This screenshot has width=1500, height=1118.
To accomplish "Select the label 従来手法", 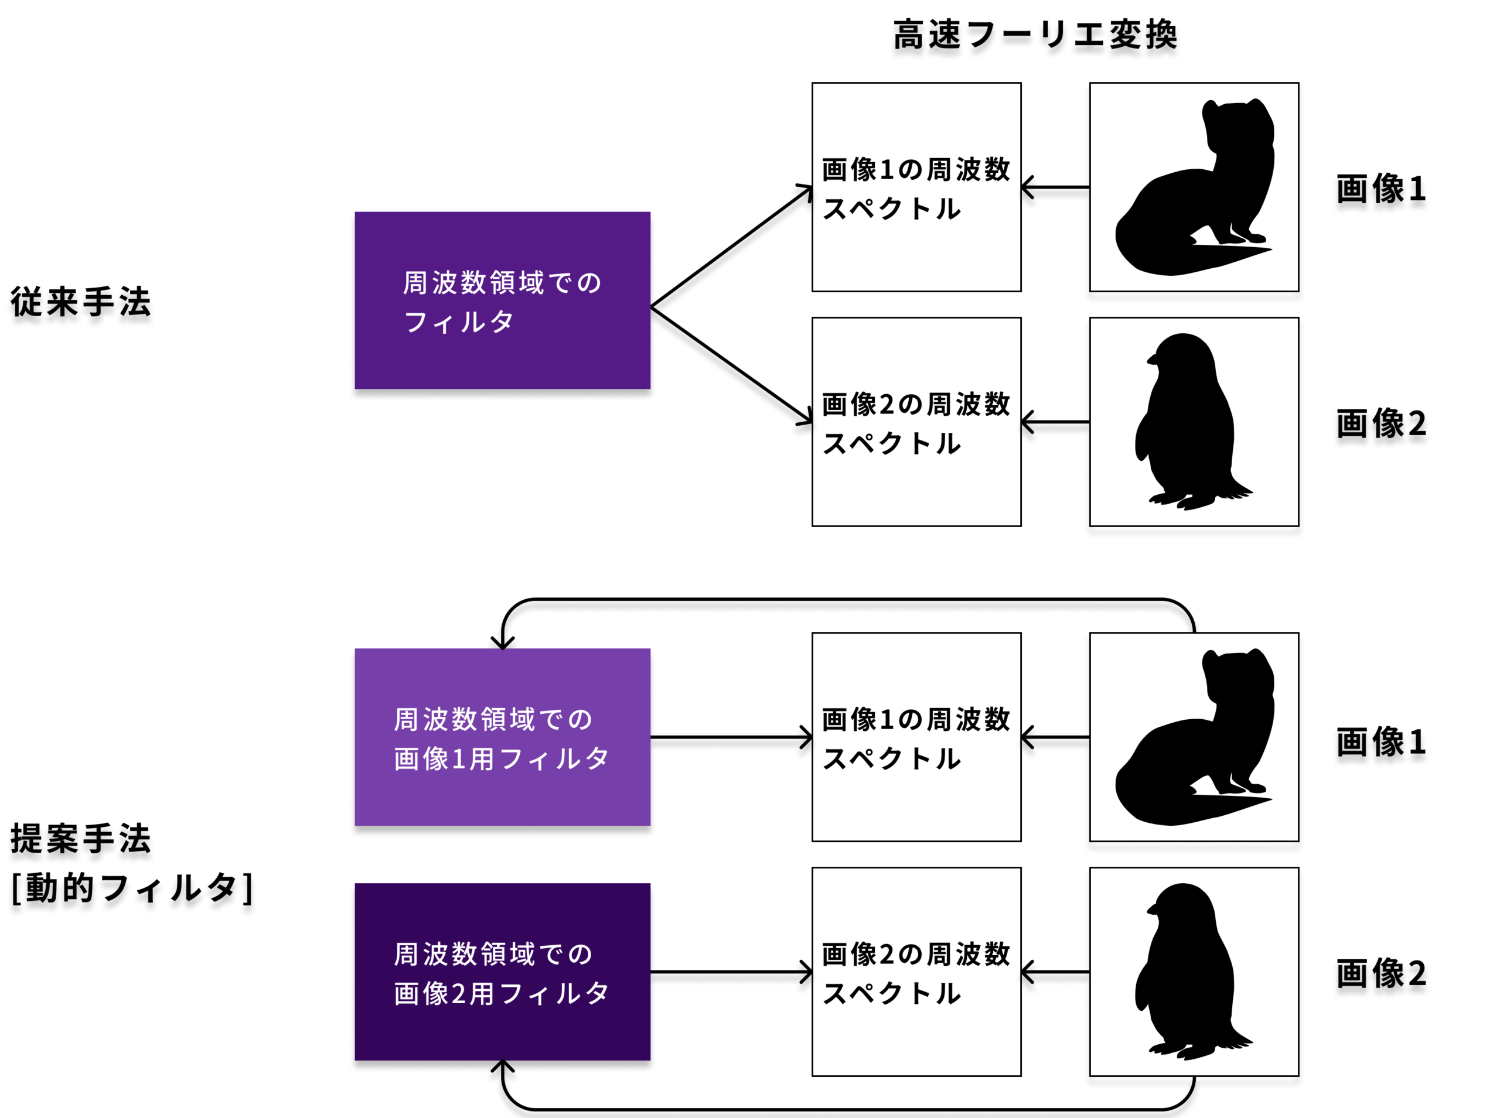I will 80,302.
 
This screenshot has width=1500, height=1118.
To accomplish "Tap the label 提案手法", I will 80,839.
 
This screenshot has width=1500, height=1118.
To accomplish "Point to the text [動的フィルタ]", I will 132,888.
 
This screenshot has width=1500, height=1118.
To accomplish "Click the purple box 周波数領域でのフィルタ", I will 502,300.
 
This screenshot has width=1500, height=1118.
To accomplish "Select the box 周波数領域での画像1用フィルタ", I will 502,737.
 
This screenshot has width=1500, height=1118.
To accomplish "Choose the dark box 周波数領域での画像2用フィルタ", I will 502,972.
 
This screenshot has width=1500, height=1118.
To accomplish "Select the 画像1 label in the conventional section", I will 1381,189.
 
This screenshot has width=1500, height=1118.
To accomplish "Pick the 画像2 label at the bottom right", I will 1381,973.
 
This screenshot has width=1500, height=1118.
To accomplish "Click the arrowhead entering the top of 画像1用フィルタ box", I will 502,643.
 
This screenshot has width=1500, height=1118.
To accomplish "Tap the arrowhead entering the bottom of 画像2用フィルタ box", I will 502,1066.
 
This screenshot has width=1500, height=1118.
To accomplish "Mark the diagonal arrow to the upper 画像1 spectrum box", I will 731,247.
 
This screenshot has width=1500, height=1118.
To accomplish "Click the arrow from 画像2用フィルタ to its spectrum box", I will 731,972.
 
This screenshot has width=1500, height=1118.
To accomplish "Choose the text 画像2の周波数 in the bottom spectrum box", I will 916,954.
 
